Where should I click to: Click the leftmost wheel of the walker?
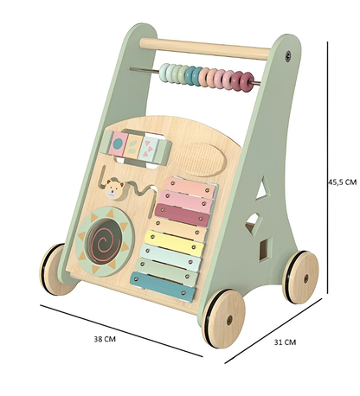(53, 269)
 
